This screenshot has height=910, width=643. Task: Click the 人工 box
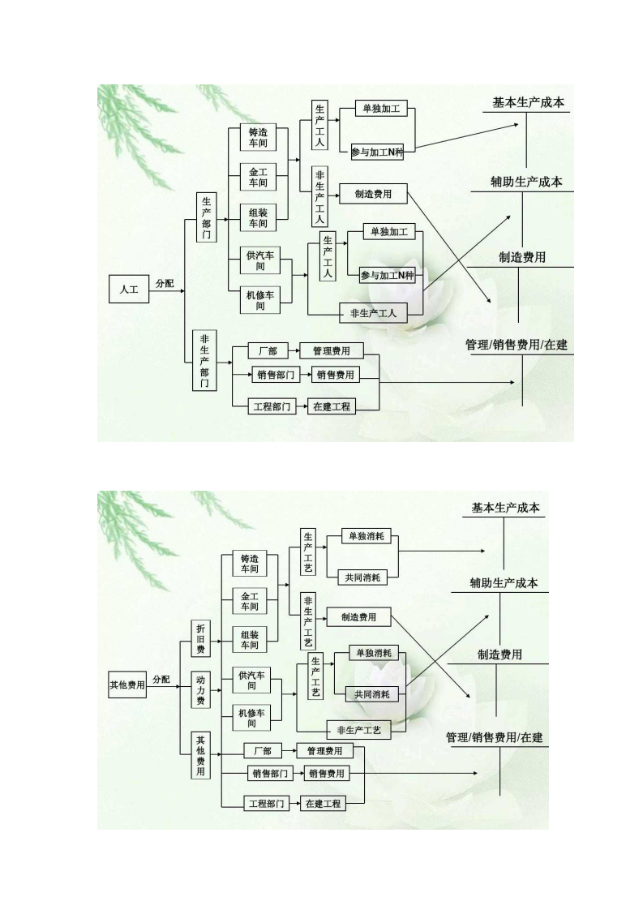[x=129, y=289]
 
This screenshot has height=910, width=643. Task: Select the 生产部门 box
[x=207, y=217]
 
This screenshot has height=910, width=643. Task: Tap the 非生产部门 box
[x=204, y=360]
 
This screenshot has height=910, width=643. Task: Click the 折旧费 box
[x=200, y=639]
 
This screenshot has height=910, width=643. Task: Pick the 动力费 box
[x=200, y=689]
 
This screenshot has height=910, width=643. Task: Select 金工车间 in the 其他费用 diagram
[x=249, y=602]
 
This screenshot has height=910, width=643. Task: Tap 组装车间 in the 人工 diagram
[x=258, y=217]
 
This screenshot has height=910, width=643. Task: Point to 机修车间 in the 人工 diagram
[x=260, y=300]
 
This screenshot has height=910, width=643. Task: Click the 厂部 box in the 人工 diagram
[x=268, y=351]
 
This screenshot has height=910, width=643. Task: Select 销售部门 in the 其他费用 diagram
[x=270, y=774]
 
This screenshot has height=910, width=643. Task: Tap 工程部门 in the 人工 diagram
[x=272, y=406]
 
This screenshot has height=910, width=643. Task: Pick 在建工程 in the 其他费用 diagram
[x=322, y=804]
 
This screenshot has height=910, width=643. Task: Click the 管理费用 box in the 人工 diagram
[x=331, y=351]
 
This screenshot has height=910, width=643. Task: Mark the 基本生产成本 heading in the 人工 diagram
[x=528, y=104]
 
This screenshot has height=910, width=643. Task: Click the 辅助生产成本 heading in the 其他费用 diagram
[x=504, y=582]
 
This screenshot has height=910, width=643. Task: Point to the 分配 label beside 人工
[x=165, y=283]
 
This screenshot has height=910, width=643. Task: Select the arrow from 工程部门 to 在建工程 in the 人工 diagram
[x=301, y=406]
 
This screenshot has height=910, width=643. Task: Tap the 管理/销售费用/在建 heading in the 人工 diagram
[x=517, y=345]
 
